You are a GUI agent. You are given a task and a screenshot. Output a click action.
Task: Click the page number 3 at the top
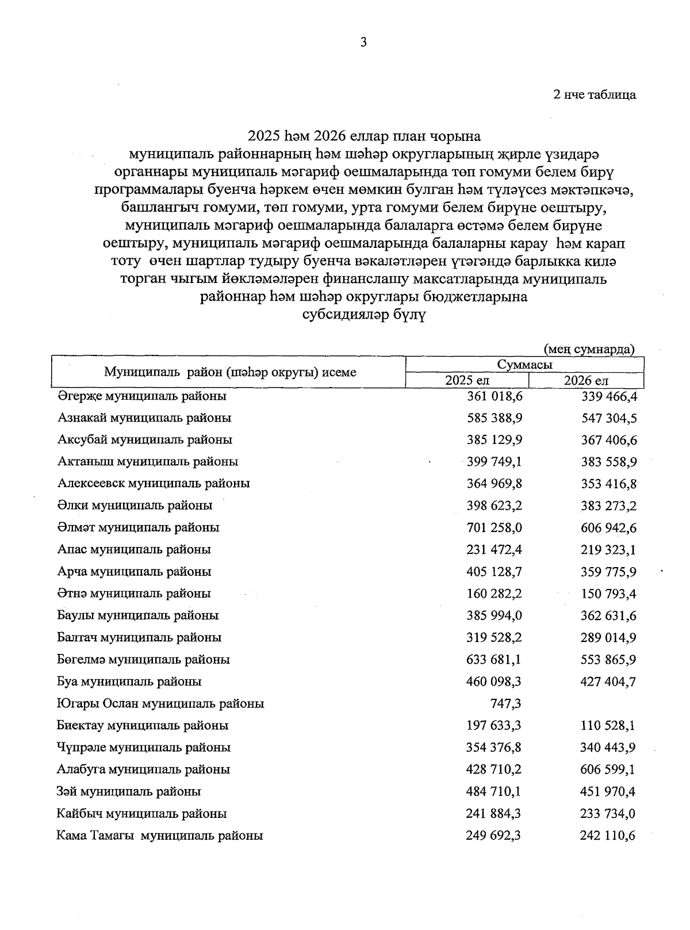(x=363, y=42)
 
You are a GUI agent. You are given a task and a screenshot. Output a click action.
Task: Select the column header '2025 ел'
(x=467, y=380)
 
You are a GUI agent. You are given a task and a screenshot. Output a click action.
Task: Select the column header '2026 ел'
(x=586, y=380)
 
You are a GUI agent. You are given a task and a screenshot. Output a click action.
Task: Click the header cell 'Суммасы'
(x=524, y=365)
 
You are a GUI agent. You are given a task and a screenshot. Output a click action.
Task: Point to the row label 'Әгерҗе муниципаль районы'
(x=142, y=396)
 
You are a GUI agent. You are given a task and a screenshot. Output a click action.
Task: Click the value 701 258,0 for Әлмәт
(x=494, y=527)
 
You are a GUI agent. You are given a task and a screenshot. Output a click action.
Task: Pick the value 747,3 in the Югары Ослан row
(x=504, y=703)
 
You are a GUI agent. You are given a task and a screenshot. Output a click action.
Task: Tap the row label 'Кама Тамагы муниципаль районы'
(x=160, y=836)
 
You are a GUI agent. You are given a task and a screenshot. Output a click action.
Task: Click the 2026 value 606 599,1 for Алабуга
(x=608, y=770)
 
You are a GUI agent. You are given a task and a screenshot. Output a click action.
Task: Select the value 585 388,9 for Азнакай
(x=494, y=418)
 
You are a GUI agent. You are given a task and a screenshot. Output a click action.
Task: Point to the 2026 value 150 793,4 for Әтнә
(x=608, y=594)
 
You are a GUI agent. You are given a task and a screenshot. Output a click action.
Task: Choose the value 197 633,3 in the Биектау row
(x=494, y=725)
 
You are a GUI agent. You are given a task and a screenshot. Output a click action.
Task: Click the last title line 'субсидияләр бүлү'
(x=363, y=316)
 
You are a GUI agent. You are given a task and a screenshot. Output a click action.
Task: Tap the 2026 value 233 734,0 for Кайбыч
(x=608, y=814)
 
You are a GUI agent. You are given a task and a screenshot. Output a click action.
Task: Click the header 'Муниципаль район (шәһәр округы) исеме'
(x=230, y=372)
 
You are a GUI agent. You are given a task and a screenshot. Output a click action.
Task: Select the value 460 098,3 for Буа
(x=494, y=682)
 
